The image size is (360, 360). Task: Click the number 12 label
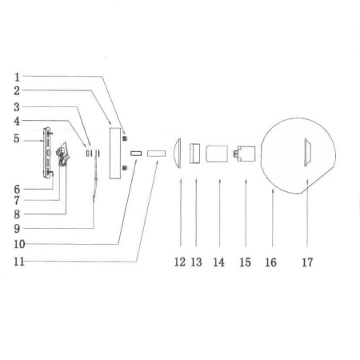pos(180,262)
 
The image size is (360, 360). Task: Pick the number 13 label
pos(198,262)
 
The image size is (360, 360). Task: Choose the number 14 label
pos(219,262)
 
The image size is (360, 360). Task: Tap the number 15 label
pos(245,262)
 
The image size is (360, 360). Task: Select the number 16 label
pos(270,262)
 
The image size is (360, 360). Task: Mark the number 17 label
pos(306,262)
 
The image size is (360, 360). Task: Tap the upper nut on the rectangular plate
pos(126,138)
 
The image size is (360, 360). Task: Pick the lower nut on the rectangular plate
pos(126,167)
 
